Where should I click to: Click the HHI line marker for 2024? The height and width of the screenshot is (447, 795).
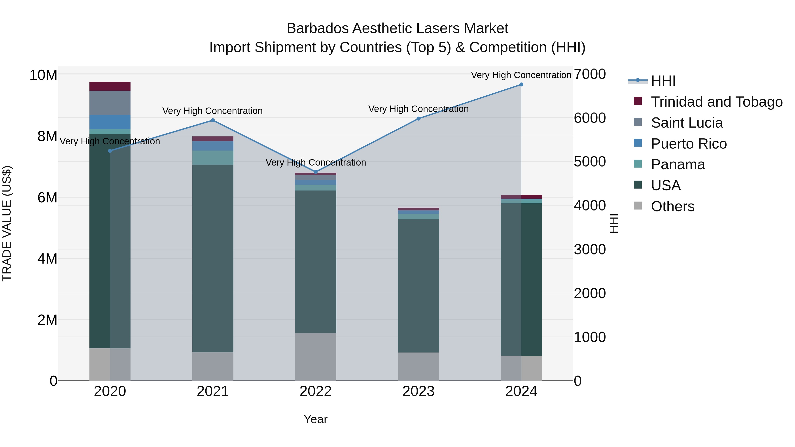[x=521, y=85]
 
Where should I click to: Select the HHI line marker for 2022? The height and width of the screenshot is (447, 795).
[x=315, y=172]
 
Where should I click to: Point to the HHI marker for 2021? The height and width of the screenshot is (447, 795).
[x=213, y=120]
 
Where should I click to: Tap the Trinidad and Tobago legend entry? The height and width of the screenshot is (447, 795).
[x=716, y=102]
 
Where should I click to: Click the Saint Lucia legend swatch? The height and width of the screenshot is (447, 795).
[x=638, y=122]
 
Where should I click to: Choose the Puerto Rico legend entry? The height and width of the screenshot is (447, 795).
[x=689, y=143]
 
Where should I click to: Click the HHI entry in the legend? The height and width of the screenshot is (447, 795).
[x=663, y=81]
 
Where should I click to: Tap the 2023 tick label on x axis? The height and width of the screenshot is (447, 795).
[x=418, y=391]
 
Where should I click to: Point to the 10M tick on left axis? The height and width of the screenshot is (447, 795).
[x=43, y=75]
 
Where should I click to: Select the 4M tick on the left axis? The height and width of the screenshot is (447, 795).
[x=47, y=258]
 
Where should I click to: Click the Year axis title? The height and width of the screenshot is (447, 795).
[x=315, y=419]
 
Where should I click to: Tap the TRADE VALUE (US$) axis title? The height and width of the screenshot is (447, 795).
[x=7, y=223]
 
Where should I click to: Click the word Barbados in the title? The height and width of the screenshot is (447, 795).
[x=318, y=29]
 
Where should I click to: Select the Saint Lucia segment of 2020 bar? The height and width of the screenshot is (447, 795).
[x=110, y=103]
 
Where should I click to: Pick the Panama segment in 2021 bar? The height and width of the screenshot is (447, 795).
[x=213, y=158]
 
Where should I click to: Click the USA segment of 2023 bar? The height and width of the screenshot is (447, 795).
[x=418, y=285]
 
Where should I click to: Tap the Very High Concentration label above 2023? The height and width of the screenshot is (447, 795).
[x=418, y=109]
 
